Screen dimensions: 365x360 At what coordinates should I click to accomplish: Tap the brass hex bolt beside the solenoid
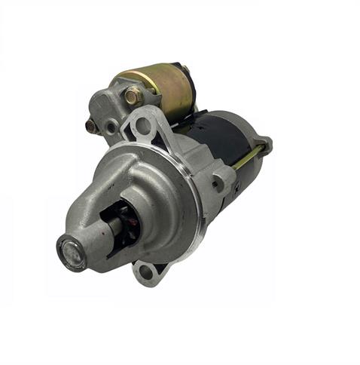(x=132, y=96)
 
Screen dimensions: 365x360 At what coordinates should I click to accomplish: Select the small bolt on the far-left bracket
(x=92, y=125)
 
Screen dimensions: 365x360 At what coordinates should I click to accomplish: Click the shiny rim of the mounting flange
(x=197, y=204)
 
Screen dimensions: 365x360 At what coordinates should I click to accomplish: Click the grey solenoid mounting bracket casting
(x=113, y=109)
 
